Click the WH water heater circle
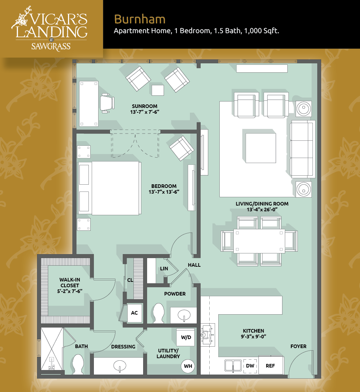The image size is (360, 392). click(x=188, y=366)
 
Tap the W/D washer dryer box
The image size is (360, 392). click(x=186, y=337)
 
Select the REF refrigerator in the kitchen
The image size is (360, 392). click(x=270, y=365)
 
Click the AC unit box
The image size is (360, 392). click(x=135, y=313)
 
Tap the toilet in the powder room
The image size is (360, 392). click(x=159, y=313)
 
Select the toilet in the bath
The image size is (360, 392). click(x=78, y=364)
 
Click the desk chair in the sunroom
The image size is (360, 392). click(x=107, y=103)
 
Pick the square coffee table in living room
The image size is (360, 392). click(x=261, y=148)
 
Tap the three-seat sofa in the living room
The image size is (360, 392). click(x=302, y=149)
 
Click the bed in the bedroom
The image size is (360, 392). click(x=109, y=188)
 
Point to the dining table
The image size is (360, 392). click(x=259, y=241)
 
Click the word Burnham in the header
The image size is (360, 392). click(x=140, y=19)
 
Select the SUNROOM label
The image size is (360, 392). click(x=145, y=106)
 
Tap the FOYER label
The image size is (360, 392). click(x=298, y=346)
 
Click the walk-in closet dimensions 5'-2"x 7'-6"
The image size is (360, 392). click(x=70, y=291)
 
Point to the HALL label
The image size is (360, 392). click(x=194, y=265)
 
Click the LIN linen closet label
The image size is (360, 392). click(x=164, y=269)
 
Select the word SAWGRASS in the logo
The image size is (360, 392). click(x=51, y=46)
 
